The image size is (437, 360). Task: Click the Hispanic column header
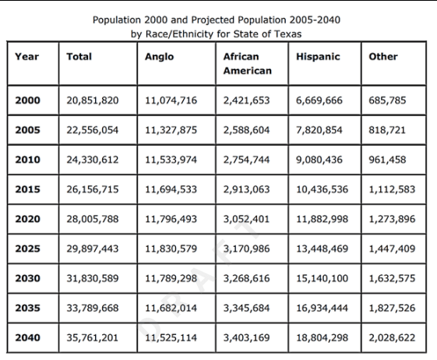[318, 57]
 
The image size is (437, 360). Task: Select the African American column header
[248, 64]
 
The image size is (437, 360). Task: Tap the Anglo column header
[160, 57]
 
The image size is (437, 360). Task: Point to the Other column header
[383, 57]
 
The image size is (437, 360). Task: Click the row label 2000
[27, 101]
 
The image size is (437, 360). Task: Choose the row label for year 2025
[27, 249]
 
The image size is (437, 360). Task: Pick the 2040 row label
[27, 337]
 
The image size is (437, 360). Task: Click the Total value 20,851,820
[93, 101]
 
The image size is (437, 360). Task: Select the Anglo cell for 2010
[171, 160]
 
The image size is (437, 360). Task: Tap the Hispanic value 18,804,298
[322, 337]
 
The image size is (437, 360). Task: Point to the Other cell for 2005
[387, 130]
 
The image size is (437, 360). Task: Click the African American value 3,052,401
[246, 219]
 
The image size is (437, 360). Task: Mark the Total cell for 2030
[93, 278]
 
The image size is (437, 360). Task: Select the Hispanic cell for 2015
[322, 189]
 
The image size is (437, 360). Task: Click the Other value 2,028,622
[392, 337]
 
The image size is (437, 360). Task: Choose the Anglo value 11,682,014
[171, 308]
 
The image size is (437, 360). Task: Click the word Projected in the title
[213, 20]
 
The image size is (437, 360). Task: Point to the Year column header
[26, 57]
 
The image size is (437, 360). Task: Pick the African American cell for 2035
[246, 308]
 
